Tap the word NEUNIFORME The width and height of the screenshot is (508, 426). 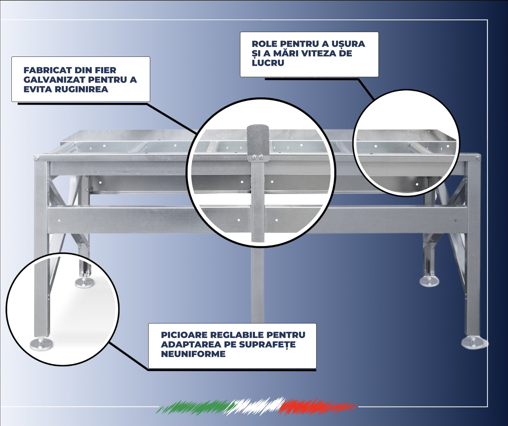coord(193,354)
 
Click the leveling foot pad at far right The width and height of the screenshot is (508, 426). coord(474,343)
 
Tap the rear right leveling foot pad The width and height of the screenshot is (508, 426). coord(430,281)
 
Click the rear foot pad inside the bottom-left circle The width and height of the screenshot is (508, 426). coord(85,283)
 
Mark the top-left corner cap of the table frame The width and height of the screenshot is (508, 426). coord(37,157)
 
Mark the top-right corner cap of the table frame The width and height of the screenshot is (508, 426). coord(478,157)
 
